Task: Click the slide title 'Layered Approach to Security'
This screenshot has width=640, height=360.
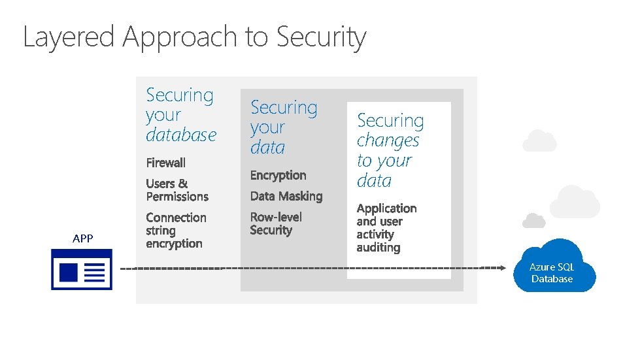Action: pyautogui.click(x=194, y=37)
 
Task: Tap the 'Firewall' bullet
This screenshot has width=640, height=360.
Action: pyautogui.click(x=166, y=163)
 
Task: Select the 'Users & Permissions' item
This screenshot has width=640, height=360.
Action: pyautogui.click(x=177, y=190)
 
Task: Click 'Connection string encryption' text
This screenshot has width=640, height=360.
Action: pyautogui.click(x=176, y=231)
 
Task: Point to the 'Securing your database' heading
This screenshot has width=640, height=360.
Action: pyautogui.click(x=180, y=115)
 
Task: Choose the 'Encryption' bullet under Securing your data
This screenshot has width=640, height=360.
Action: pyautogui.click(x=278, y=175)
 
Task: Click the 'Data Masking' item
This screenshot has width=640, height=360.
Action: pyautogui.click(x=286, y=196)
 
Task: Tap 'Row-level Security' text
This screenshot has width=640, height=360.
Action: pyautogui.click(x=276, y=223)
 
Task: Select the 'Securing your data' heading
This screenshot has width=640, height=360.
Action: pyautogui.click(x=283, y=127)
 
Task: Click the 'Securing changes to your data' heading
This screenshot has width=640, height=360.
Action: pyautogui.click(x=390, y=150)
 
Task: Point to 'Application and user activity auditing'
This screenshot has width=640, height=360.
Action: pyautogui.click(x=386, y=228)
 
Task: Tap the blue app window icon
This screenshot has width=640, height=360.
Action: pyautogui.click(x=82, y=269)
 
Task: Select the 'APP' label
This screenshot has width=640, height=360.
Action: pyautogui.click(x=83, y=239)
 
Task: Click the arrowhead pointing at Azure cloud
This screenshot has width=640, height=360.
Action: pyautogui.click(x=502, y=267)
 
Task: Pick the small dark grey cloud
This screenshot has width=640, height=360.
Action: pyautogui.click(x=535, y=220)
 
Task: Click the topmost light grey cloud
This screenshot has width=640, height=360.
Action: pyautogui.click(x=539, y=140)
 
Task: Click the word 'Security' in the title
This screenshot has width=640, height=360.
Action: pyautogui.click(x=321, y=37)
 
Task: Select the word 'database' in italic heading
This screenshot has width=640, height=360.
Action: pyautogui.click(x=181, y=135)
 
